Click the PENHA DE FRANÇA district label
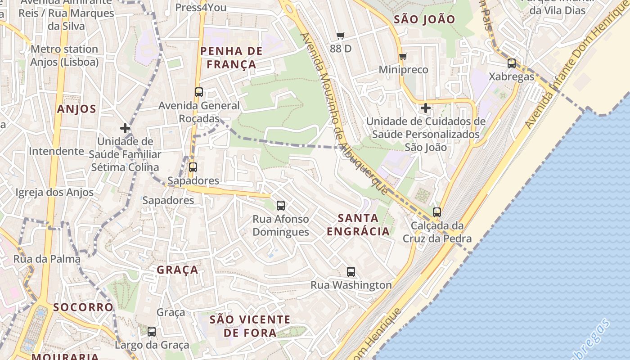pos(231,58)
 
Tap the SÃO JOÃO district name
pos(424,19)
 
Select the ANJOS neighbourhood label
pos(76,109)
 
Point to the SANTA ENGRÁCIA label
pos(358,225)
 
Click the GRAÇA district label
pos(177,270)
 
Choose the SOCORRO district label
pos(83,307)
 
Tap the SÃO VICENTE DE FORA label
pos(250,326)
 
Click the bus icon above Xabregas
pos(512,63)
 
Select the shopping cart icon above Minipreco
pos(403,57)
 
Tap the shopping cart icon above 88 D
pos(341,36)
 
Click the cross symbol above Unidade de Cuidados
pos(426,108)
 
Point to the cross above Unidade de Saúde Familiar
pos(125,128)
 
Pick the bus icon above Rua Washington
pos(351,272)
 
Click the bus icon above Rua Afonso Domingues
pos(281,206)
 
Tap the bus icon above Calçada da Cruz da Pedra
pos(437,212)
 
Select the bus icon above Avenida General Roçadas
pos(199,92)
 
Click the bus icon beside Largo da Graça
pos(152,332)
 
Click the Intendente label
pos(56,151)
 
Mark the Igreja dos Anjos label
pos(54,193)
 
